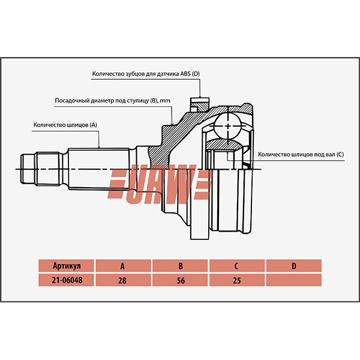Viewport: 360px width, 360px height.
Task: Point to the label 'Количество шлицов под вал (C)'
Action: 301,154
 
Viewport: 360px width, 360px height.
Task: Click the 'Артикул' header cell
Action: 66,266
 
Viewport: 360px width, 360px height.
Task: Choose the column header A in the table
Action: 122,266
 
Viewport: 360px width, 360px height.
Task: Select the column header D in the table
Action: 293,266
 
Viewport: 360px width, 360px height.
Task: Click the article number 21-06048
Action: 66,280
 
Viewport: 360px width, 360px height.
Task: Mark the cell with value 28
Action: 122,280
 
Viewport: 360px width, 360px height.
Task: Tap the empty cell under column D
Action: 293,280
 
